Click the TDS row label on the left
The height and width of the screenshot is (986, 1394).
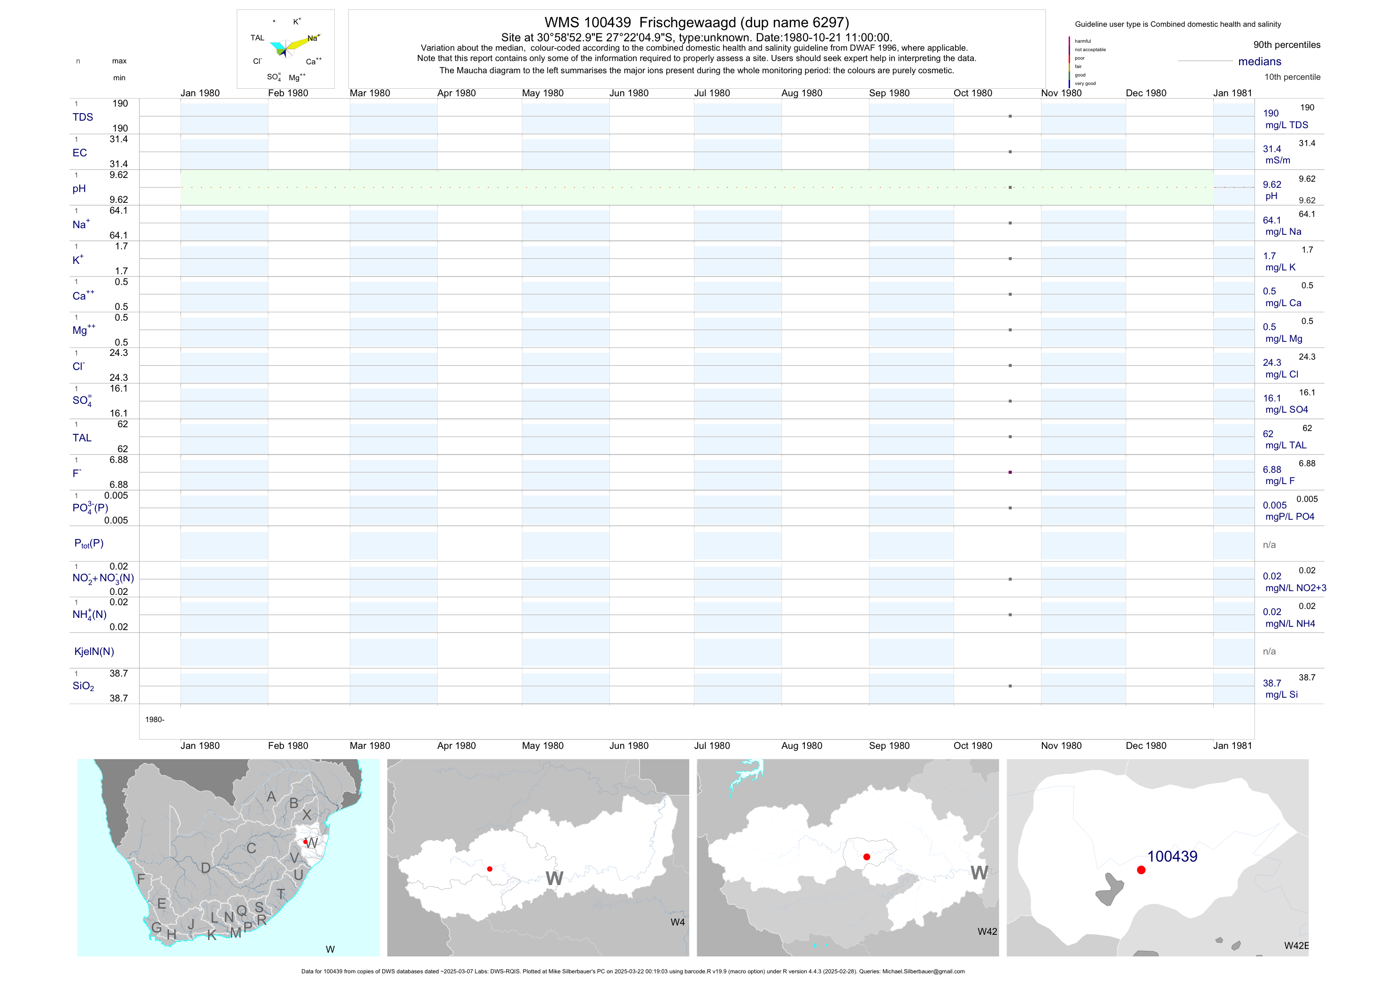click(83, 117)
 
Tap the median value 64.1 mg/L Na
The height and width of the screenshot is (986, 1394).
click(1271, 220)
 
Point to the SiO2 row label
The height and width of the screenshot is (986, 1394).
click(83, 686)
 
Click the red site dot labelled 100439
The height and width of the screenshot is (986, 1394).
click(1141, 870)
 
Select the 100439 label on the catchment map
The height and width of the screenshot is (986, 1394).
click(1172, 857)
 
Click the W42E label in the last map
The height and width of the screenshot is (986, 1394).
click(1296, 946)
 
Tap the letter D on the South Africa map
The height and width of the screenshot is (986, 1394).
click(206, 868)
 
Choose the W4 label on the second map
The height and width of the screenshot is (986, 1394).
click(678, 922)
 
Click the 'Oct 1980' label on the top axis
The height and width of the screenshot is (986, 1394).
click(973, 93)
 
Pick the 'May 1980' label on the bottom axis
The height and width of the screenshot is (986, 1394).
click(542, 746)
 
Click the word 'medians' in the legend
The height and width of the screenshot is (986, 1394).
click(1259, 62)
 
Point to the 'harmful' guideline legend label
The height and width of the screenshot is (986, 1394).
click(1083, 41)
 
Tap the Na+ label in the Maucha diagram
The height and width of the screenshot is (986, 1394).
click(313, 38)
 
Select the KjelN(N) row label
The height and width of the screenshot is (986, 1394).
click(94, 652)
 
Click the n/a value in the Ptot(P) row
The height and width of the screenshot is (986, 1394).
click(1269, 545)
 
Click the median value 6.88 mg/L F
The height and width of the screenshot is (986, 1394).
click(1271, 470)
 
